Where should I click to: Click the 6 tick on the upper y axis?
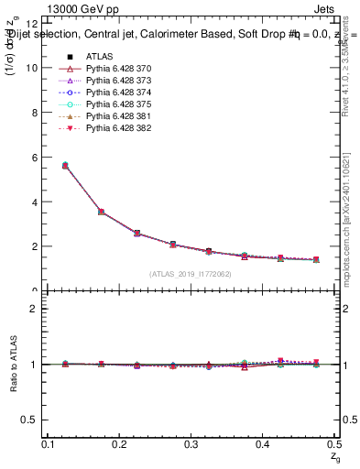[x=33, y=158]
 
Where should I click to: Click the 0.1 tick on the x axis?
[x=49, y=444]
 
